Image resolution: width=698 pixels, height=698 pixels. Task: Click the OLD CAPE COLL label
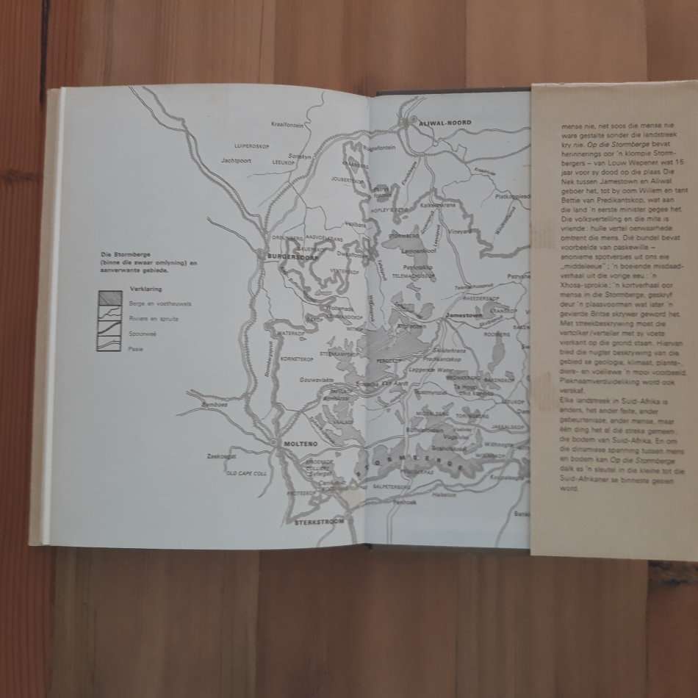[246, 472]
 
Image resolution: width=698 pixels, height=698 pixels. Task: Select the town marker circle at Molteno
[273, 443]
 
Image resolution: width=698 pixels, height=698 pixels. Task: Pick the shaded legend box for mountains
[109, 298]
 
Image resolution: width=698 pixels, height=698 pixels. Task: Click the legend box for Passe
[109, 344]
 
